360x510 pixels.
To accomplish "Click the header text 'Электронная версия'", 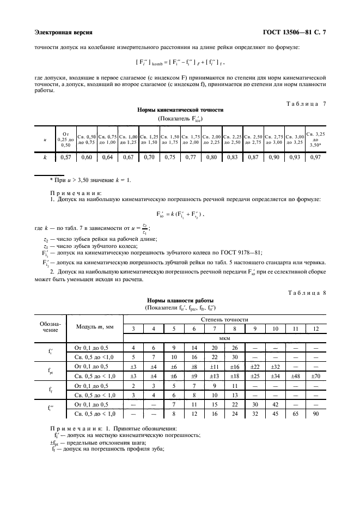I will click(63, 33).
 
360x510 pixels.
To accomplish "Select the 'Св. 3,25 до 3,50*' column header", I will click(315, 139).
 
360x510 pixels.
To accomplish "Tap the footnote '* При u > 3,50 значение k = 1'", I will click(89, 180).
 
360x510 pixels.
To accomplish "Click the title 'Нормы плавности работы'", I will click(180, 300).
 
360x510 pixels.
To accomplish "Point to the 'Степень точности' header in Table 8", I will click(225, 319).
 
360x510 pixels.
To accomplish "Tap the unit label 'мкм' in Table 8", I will click(225, 338).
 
